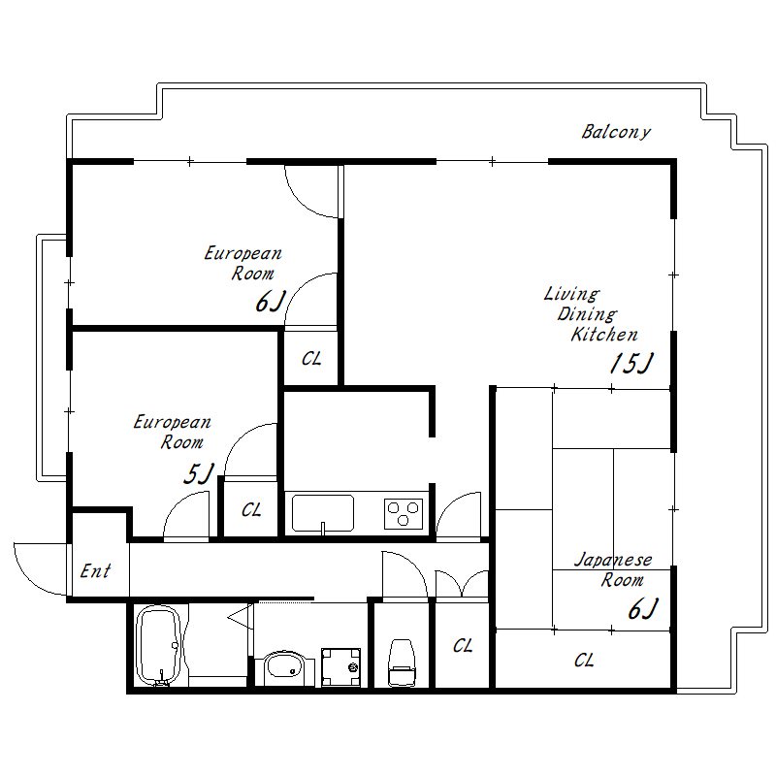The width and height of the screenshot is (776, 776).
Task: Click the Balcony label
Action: tap(616, 132)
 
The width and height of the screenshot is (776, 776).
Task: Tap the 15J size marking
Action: tap(631, 363)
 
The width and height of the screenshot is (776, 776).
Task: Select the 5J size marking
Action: tap(199, 473)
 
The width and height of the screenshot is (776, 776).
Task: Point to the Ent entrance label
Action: tap(95, 570)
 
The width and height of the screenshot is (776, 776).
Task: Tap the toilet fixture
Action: tap(402, 663)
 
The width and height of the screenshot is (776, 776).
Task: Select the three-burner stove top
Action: tap(404, 514)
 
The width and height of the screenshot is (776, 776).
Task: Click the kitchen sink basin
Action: tap(323, 513)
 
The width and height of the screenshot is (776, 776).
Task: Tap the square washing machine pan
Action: tap(341, 666)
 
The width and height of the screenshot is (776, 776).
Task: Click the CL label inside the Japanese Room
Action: tap(584, 661)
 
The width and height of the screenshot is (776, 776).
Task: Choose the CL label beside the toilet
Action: tap(463, 645)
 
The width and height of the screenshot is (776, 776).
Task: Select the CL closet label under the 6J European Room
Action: tap(311, 358)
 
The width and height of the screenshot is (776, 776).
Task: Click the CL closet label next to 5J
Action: tap(251, 510)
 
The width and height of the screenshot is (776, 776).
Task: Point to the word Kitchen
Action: tap(604, 334)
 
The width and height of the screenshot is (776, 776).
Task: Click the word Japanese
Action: tap(613, 560)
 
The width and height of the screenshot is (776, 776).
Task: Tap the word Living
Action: tap(571, 294)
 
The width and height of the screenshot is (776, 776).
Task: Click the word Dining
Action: tap(588, 314)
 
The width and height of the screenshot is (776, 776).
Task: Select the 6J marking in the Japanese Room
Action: tap(643, 609)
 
